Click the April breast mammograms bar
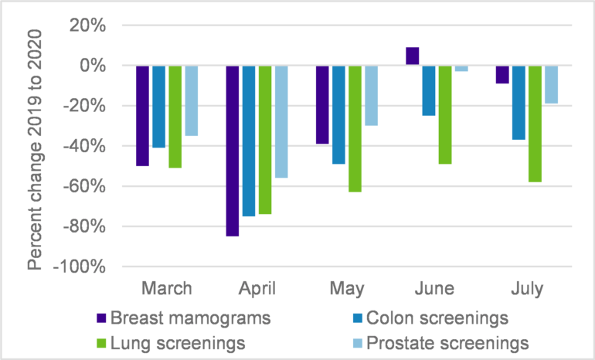click(x=233, y=151)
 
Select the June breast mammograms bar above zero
click(x=412, y=56)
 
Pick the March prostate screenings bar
click(x=192, y=100)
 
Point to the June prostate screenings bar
click(x=461, y=69)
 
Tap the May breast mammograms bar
click(x=322, y=105)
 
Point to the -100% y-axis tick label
click(x=78, y=267)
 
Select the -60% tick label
click(x=83, y=186)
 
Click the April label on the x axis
click(x=257, y=289)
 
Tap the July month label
click(x=526, y=289)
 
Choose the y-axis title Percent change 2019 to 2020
click(x=35, y=146)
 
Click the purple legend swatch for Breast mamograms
click(x=100, y=318)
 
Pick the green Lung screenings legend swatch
click(x=100, y=341)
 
